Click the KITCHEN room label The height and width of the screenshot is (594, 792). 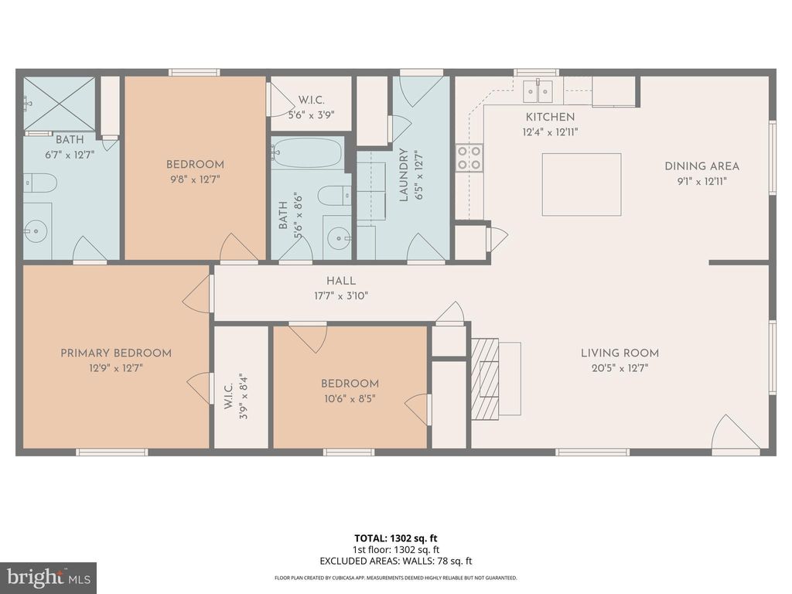[550, 117]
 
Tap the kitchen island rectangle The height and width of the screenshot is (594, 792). [581, 184]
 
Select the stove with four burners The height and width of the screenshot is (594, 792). [469, 158]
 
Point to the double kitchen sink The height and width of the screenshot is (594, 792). [538, 91]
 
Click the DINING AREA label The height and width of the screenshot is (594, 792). [702, 166]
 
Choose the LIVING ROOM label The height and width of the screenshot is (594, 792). [620, 353]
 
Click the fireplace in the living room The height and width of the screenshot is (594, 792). [486, 378]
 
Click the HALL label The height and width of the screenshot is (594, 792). [340, 281]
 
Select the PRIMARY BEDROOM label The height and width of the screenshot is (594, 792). [116, 353]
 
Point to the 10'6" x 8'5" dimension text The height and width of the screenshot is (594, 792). [350, 399]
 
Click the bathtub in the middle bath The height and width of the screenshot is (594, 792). [308, 152]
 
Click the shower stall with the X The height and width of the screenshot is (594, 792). [59, 103]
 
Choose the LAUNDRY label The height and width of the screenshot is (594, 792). [403, 175]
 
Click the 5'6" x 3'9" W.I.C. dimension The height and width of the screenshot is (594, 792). [309, 115]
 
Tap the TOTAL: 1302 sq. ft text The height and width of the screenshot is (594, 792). [395, 538]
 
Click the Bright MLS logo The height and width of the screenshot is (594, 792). [48, 577]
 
